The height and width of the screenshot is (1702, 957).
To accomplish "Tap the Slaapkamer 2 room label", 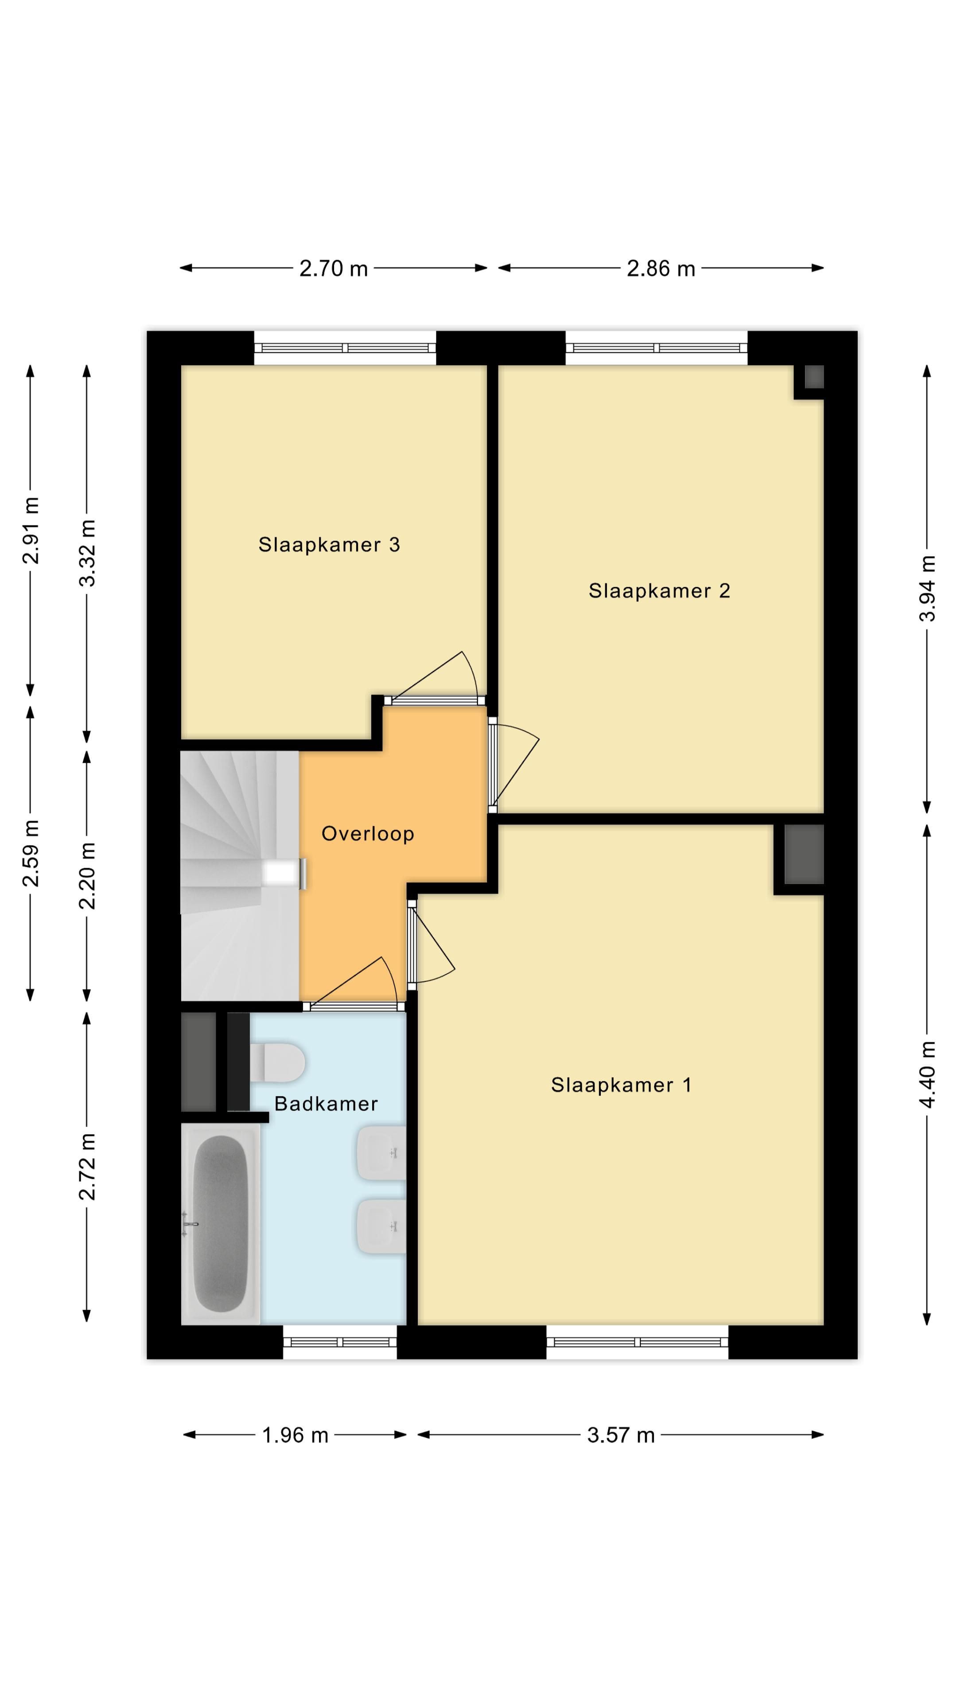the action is [x=659, y=591].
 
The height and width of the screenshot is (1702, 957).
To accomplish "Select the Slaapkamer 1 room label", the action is [x=621, y=1085].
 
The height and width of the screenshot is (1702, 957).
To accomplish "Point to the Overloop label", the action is [x=368, y=834].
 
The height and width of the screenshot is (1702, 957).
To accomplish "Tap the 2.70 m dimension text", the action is [x=334, y=268].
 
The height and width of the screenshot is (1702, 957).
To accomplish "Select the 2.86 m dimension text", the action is [x=661, y=268].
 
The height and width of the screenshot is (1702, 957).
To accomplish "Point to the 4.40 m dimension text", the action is [x=927, y=1074].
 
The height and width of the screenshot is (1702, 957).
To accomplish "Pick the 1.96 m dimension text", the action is [x=295, y=1435].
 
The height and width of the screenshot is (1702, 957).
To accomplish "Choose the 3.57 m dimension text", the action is [x=621, y=1435].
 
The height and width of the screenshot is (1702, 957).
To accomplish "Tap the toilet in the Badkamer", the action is [x=277, y=1062].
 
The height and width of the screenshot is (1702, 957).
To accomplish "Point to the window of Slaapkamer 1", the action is [x=638, y=1342].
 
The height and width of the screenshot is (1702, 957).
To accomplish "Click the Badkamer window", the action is [x=340, y=1342].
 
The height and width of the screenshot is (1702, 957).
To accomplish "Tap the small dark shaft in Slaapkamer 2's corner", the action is [x=814, y=377].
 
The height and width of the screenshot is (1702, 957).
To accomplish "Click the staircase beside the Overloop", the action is [x=241, y=875].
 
